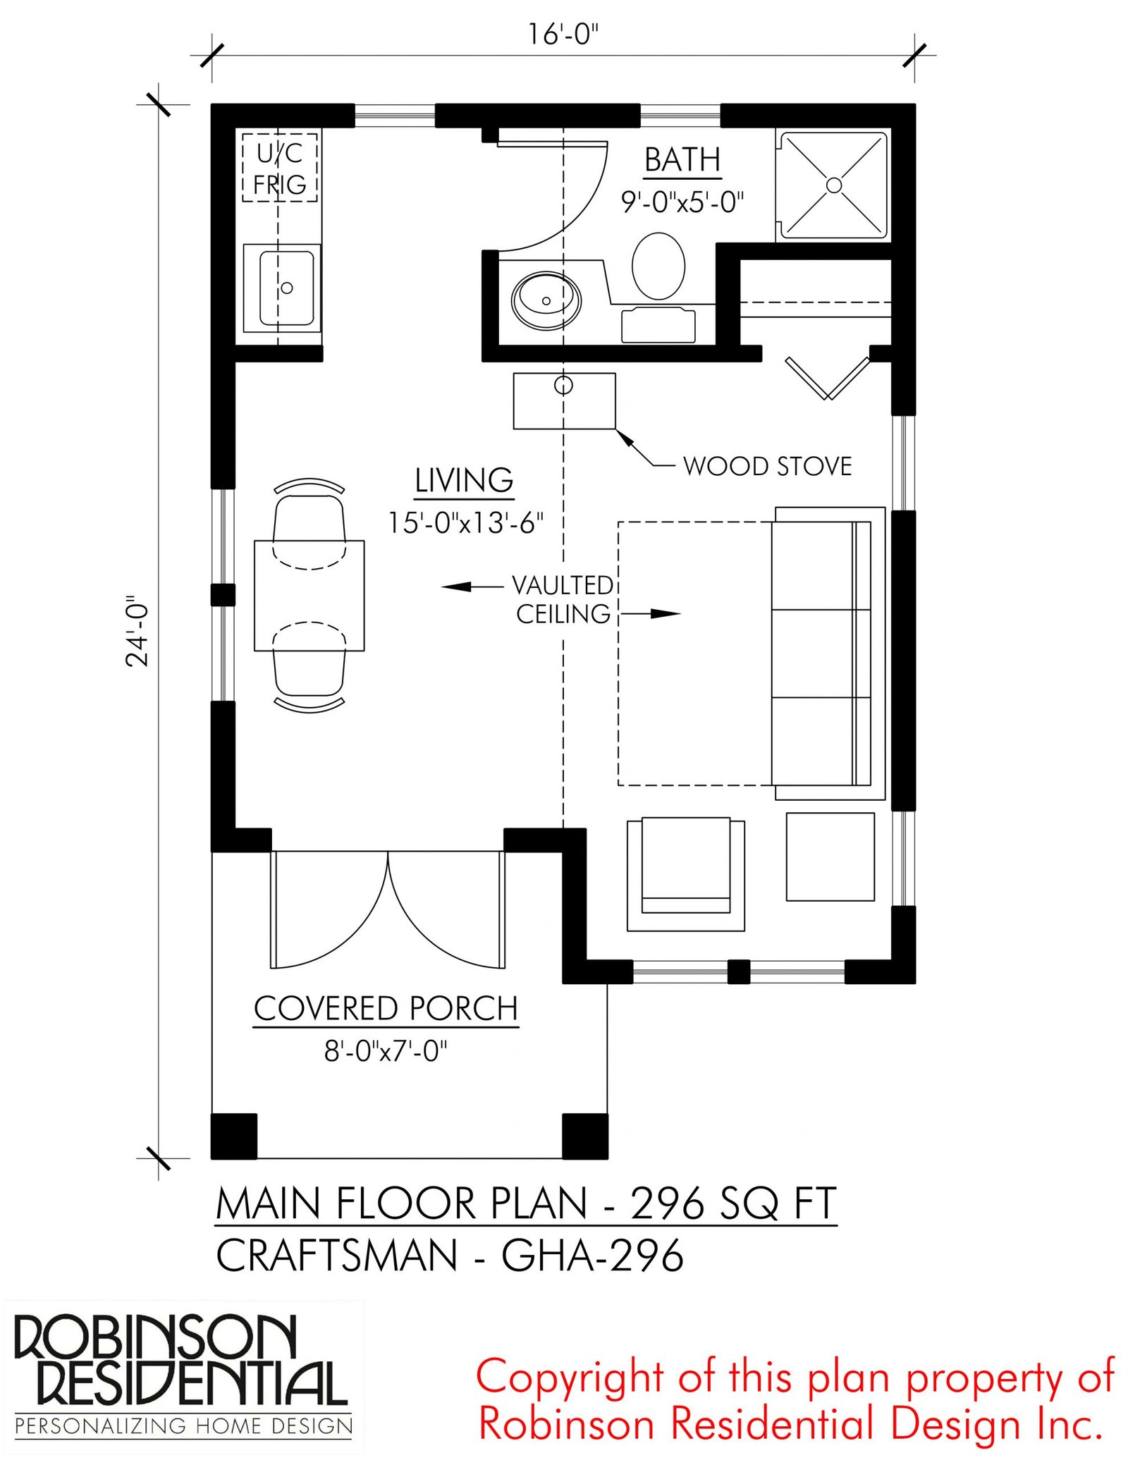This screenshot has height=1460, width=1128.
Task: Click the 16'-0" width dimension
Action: (563, 35)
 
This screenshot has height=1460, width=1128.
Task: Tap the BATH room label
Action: (682, 160)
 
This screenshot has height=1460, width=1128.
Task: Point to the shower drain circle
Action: (834, 185)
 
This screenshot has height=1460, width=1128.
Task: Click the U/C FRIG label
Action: (280, 168)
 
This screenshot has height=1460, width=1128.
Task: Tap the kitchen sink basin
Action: (286, 288)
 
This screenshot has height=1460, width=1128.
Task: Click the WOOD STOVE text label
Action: (767, 466)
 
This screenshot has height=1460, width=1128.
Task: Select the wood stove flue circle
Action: (563, 385)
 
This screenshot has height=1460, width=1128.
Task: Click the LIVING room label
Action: (464, 481)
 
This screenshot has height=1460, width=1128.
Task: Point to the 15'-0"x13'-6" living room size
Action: (466, 523)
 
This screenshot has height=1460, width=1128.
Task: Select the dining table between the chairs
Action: (309, 595)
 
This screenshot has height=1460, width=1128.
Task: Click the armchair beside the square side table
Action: (686, 874)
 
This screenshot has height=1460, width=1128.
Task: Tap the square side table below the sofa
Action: (830, 857)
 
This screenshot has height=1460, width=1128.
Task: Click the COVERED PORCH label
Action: (386, 1009)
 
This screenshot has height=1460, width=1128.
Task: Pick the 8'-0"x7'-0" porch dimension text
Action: (386, 1051)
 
